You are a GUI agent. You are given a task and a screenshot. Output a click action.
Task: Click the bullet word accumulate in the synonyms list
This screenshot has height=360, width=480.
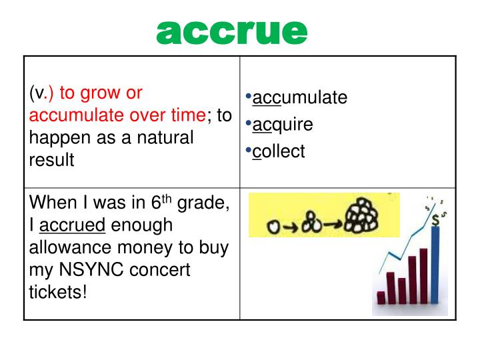pos(300,97)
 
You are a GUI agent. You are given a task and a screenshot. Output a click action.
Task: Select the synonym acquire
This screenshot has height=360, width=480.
pos(283,125)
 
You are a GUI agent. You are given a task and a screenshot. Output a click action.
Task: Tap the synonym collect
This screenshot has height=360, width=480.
pos(279,151)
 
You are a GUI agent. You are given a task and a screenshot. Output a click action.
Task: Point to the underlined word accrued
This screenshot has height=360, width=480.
pos(77,225)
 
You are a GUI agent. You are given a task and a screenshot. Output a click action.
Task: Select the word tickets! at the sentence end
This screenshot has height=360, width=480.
pos(59,293)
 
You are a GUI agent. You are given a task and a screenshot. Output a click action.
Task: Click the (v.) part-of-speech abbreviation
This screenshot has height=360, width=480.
pos(41,93)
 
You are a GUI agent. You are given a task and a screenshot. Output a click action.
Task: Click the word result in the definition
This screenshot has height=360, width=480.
pos(51,160)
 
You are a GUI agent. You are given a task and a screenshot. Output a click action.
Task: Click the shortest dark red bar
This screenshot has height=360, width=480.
pos(381,297)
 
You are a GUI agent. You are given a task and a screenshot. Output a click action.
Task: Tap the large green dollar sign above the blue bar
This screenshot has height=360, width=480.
pos(435,218)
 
